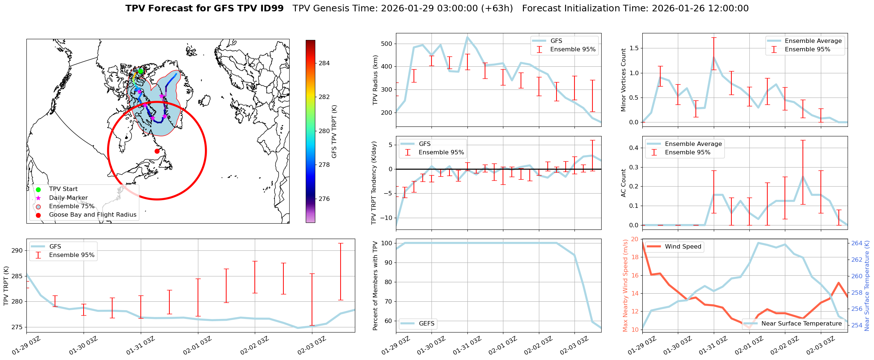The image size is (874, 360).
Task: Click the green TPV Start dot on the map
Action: click(x=140, y=71)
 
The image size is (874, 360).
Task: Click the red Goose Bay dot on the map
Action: click(x=157, y=151)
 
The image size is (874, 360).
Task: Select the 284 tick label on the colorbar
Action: click(x=324, y=63)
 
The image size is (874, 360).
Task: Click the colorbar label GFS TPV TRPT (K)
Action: click(x=334, y=131)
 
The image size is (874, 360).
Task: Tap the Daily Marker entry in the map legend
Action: click(x=68, y=198)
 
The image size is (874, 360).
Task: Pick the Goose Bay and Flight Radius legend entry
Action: click(x=92, y=214)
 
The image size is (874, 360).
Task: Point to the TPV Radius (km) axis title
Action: click(x=375, y=80)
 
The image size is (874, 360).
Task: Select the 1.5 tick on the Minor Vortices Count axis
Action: click(x=634, y=48)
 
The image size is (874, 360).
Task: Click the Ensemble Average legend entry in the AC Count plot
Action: click(x=693, y=144)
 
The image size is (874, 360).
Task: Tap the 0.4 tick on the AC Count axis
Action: click(x=634, y=148)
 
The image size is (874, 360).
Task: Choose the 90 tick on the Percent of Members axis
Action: click(x=388, y=262)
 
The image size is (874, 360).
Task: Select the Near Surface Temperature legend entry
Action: click(x=801, y=323)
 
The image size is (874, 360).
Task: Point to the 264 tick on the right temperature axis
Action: click(x=857, y=243)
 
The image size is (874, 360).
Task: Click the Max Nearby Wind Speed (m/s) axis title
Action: click(x=625, y=285)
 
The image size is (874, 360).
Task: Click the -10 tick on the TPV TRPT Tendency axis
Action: click(x=386, y=217)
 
